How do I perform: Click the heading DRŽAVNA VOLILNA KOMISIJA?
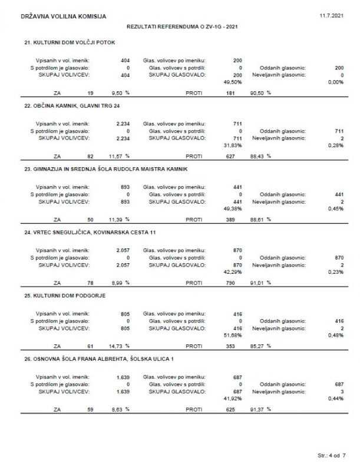click(64, 16)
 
